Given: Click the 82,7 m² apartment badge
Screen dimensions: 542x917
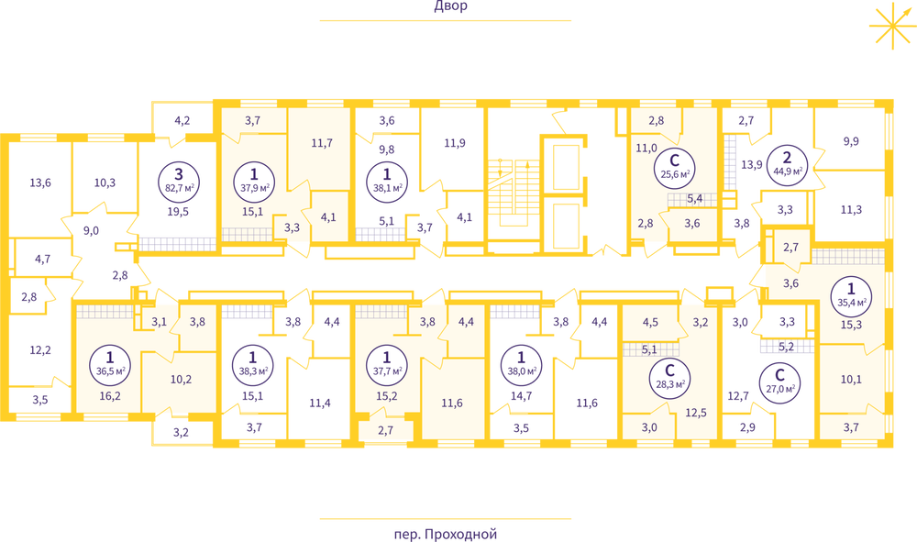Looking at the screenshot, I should point(179,181).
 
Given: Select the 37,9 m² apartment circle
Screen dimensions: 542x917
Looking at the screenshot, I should point(254,181).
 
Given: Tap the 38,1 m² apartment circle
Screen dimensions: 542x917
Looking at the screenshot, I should point(386,181).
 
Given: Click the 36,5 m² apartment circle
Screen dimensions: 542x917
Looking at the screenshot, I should point(110,364).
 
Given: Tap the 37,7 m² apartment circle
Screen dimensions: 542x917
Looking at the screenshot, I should point(386,364).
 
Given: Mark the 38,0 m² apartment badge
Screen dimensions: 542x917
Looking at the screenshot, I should point(522,364).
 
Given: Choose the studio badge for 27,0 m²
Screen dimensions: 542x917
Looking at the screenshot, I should point(779,381).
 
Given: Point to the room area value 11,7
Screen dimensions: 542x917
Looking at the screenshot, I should point(321,143).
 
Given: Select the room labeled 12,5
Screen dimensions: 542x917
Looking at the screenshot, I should point(694,413).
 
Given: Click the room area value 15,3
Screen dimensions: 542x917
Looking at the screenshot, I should point(851,325).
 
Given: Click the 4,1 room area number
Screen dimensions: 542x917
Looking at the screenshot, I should point(329,217).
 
